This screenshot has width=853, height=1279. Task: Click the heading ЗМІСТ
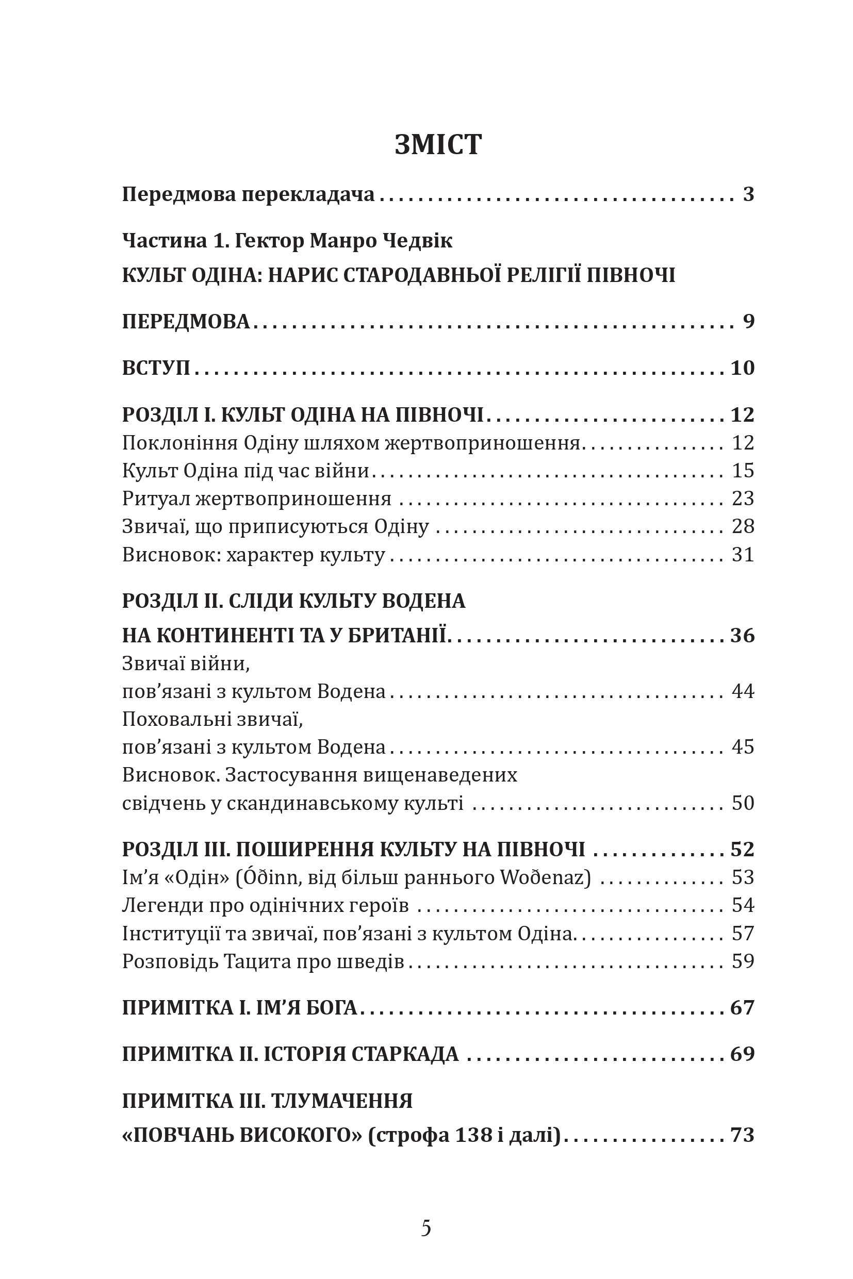point(438,145)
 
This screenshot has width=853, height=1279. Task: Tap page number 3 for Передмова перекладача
point(748,194)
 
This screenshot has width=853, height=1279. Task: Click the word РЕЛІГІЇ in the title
point(545,275)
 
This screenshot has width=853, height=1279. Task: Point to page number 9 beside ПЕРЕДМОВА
point(748,321)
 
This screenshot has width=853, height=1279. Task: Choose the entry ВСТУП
point(156,368)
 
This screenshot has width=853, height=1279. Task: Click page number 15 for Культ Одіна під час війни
point(743,470)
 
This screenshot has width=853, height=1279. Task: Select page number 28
point(743,526)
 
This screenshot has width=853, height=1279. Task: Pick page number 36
point(743,635)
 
